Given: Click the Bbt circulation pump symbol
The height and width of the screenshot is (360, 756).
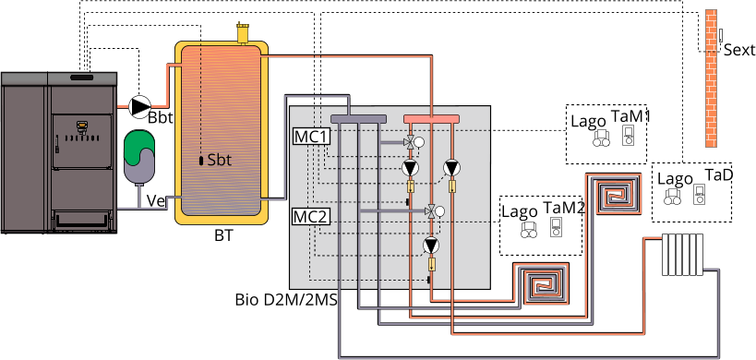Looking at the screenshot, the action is (140, 106).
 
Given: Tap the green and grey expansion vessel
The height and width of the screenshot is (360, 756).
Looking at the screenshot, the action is (138, 155).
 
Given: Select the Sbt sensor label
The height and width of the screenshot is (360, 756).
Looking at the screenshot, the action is (220, 161).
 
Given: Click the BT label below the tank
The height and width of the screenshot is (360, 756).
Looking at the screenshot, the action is (223, 236).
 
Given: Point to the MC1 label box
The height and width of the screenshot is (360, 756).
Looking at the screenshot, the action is (311, 137).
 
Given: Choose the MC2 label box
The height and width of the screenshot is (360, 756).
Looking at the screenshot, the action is (311, 217).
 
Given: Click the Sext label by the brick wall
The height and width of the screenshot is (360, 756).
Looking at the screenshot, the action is (739, 50).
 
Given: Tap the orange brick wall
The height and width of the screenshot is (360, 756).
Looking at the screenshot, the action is (712, 78).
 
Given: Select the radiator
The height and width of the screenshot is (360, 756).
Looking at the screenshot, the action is (682, 255).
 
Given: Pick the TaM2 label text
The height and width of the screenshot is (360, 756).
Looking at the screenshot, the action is (564, 209).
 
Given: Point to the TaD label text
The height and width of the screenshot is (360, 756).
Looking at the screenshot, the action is (719, 174).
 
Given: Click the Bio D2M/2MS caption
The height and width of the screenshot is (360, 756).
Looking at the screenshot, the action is (286, 300).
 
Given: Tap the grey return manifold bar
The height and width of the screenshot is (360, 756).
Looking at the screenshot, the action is (358, 118).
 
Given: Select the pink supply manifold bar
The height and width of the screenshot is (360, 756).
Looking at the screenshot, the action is (431, 118).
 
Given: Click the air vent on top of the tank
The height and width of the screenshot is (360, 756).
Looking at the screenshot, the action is (241, 32).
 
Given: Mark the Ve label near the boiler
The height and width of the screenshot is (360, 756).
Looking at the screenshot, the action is (156, 201).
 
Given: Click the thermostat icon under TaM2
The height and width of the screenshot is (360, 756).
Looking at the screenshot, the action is (556, 226).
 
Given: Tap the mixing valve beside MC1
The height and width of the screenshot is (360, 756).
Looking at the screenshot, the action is (413, 142).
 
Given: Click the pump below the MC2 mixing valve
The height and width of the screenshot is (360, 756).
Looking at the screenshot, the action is (430, 246).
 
